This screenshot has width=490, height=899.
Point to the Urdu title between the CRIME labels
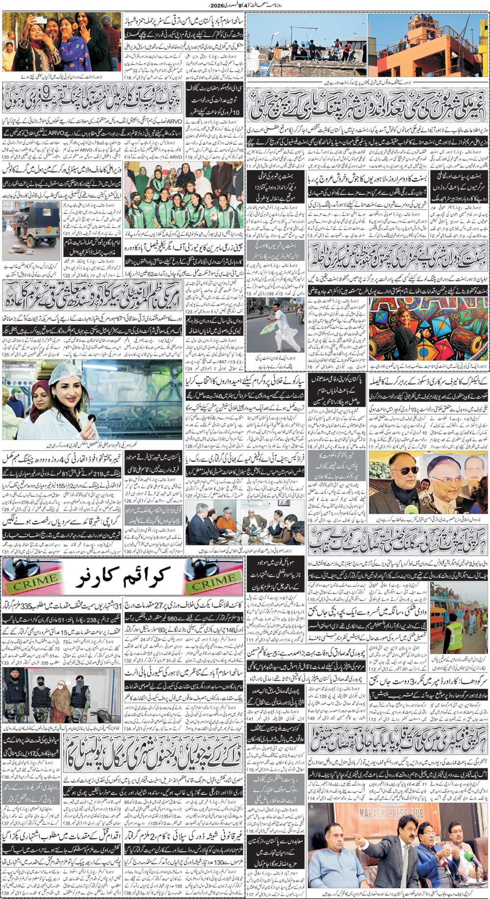click(122, 577)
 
